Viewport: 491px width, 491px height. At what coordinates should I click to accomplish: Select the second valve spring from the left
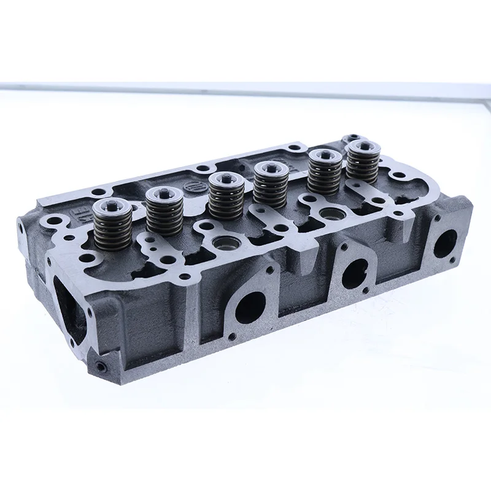coord(164,212)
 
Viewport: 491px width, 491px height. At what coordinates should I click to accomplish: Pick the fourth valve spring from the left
coord(271,185)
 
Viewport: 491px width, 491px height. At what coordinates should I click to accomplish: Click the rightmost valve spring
coord(361,163)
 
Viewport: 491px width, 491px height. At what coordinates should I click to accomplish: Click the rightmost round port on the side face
coord(445,243)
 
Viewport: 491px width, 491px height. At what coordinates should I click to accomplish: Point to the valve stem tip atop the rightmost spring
coord(361,145)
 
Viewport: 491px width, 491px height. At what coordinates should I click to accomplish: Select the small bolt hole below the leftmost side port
coord(231,336)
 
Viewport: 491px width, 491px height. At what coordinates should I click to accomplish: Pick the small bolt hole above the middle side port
coord(344,247)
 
